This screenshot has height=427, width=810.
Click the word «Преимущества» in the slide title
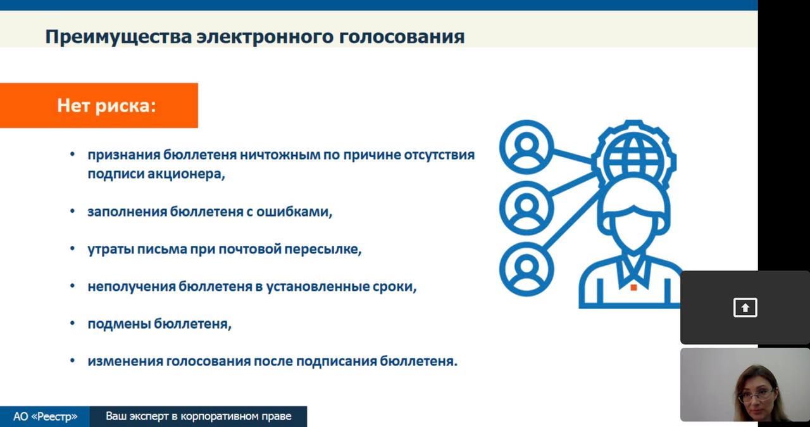[118, 37]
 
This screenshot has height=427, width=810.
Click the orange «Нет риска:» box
[99, 105]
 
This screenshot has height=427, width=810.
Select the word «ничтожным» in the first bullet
[280, 155]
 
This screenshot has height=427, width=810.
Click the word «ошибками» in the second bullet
[294, 212]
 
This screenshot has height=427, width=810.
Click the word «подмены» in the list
[119, 324]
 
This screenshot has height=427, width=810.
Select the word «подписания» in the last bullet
[336, 361]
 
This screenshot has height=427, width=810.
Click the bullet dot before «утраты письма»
[72, 248]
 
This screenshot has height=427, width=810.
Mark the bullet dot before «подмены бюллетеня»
[72, 323]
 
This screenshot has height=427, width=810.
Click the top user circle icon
[526, 147]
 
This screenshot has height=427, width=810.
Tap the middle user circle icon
[526, 208]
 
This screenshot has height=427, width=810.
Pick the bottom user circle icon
[526, 269]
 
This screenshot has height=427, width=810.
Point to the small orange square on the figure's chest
[633, 288]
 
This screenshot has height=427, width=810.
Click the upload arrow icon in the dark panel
[745, 308]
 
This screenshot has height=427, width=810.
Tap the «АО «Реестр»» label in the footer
[45, 416]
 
